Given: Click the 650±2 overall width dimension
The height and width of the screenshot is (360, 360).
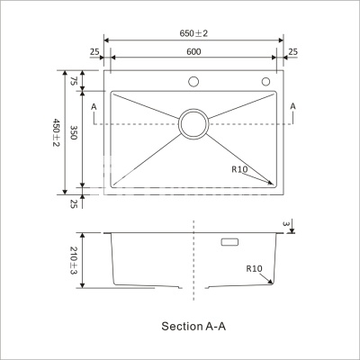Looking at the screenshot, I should click(194, 33).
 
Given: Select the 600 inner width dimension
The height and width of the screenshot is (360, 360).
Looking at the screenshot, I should click(194, 52).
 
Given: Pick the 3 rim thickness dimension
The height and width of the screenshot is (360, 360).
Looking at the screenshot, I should click(284, 223).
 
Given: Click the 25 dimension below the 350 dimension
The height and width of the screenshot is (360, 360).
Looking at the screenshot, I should click(75, 203).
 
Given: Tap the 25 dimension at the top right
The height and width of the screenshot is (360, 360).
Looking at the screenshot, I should click(293, 52).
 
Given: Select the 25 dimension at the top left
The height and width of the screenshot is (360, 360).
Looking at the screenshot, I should click(94, 52).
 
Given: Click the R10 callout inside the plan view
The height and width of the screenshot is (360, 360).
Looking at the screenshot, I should click(239, 169).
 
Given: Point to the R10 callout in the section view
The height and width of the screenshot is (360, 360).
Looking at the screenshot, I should click(254, 268).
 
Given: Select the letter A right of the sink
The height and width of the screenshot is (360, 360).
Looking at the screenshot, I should click(293, 106).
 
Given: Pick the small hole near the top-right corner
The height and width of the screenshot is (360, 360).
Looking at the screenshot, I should click(266, 83).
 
